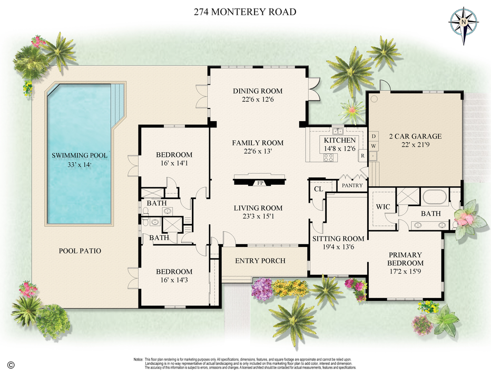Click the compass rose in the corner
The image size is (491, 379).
[463, 22]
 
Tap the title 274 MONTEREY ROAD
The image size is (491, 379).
[245, 12]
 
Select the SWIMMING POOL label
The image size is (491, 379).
[80, 155]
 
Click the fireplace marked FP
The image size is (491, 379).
[260, 183]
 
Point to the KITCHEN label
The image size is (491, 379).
[340, 141]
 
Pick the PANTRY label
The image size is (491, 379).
[352, 185]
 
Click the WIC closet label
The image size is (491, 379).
[384, 207]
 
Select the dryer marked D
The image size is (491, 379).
[373, 135]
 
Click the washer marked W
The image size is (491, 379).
[373, 145]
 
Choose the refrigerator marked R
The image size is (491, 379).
[362, 156]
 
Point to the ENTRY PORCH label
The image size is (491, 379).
[260, 261]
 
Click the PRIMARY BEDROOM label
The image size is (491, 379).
[405, 259]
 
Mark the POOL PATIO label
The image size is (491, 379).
[80, 251]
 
